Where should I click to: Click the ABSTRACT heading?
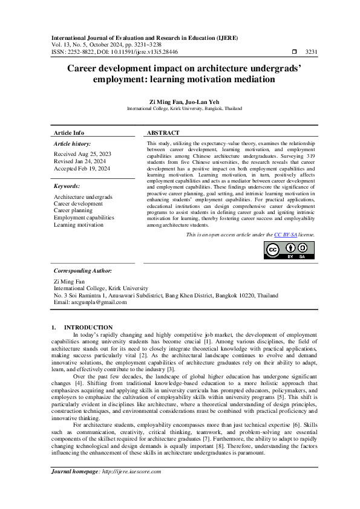(x=163, y=132)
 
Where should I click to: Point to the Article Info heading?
(x=69, y=132)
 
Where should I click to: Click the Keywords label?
(x=67, y=186)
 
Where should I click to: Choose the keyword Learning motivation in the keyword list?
(x=79, y=224)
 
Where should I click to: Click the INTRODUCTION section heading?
(x=88, y=327)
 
